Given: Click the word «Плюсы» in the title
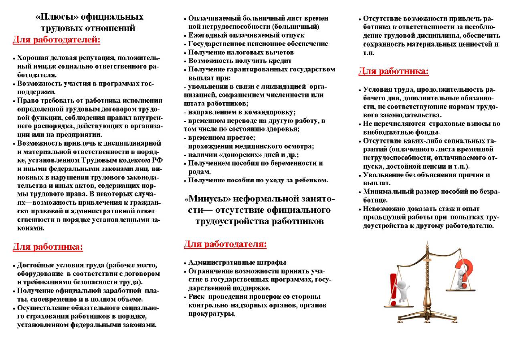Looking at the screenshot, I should tap(57, 17).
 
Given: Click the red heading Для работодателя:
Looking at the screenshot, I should tap(225, 244).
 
